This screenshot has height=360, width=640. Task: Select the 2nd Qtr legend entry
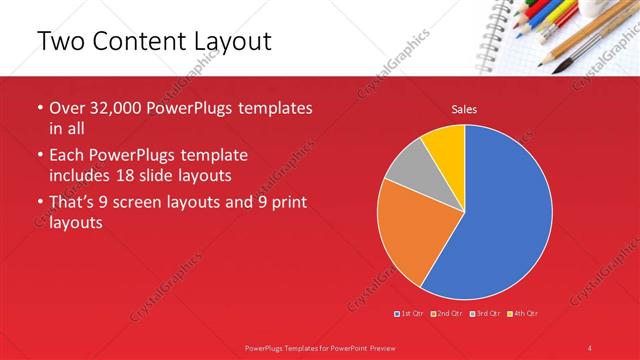(446, 314)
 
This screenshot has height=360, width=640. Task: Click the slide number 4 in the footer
(590, 347)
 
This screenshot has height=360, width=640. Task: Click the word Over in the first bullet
(69, 108)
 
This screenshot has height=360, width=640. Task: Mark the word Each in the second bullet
(69, 156)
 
